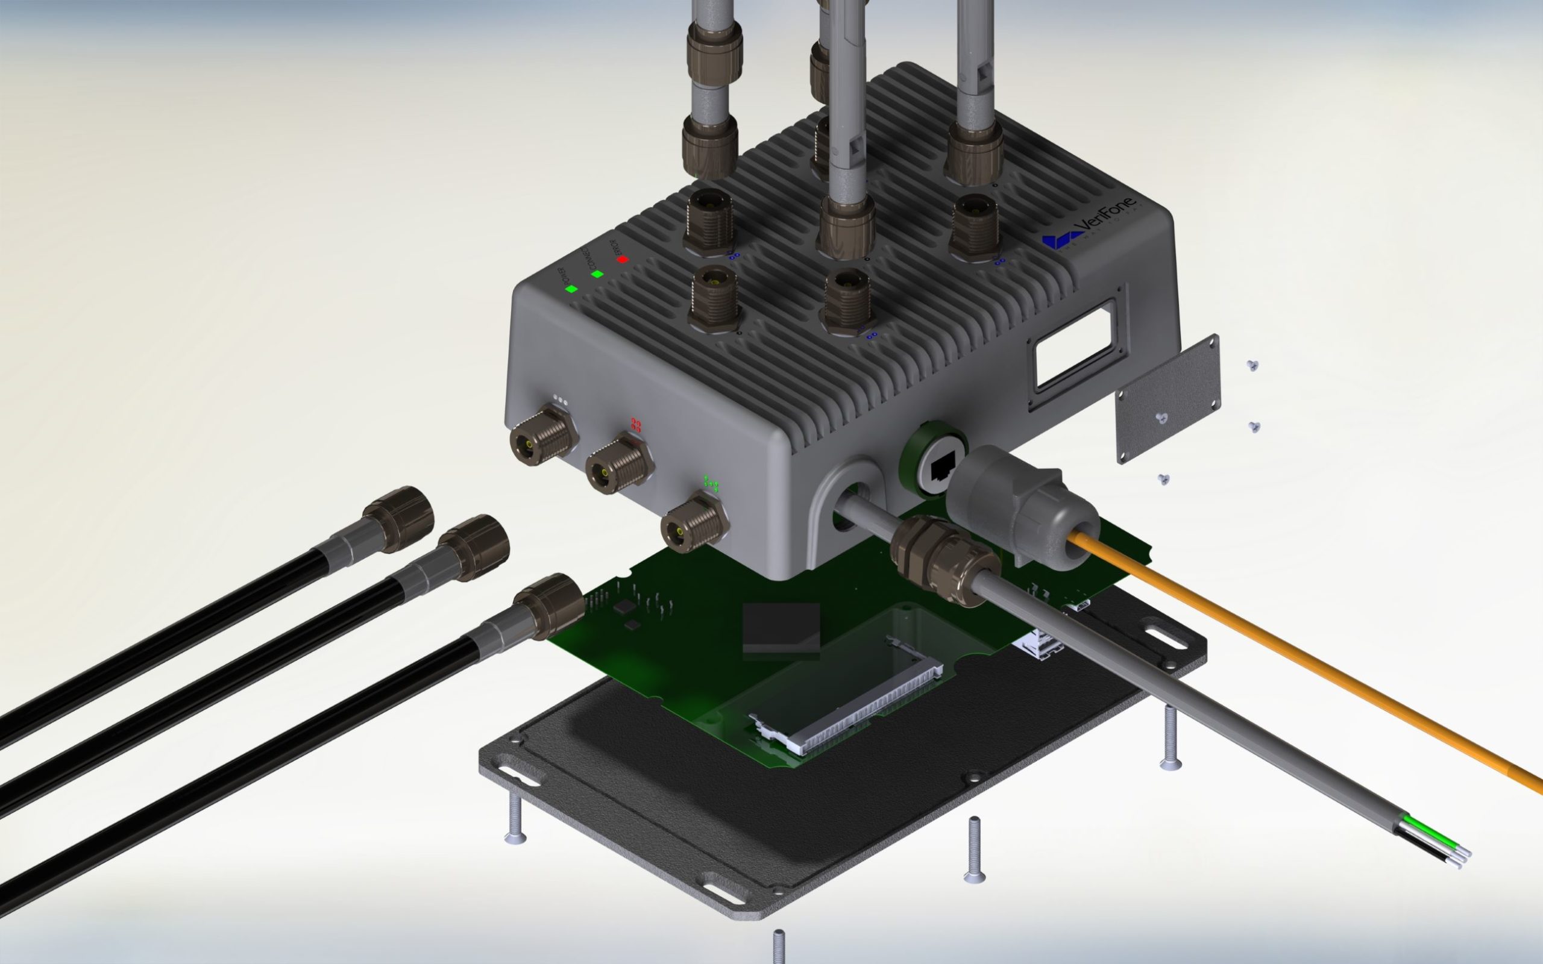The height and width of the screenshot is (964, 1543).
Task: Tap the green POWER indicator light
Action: (571, 288)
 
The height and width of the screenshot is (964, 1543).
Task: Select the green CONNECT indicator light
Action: (597, 274)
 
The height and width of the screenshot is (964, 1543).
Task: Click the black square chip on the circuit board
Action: (781, 627)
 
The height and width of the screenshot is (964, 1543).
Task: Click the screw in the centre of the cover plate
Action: (1162, 418)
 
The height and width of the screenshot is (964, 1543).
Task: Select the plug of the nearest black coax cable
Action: (548, 606)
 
